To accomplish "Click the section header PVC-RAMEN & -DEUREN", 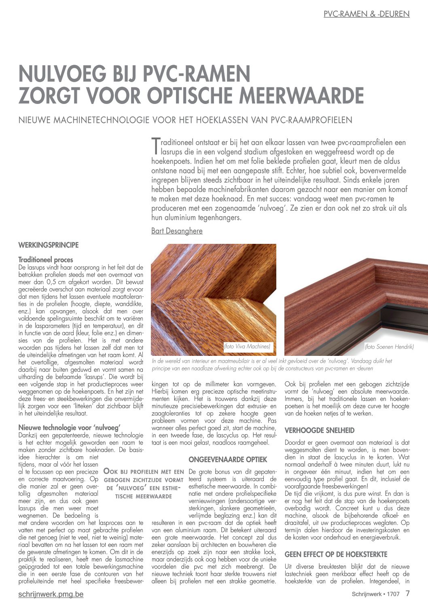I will click(367, 14).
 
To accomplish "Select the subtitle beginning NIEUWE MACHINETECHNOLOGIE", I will click(185, 120).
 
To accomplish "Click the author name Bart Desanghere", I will click(177, 231).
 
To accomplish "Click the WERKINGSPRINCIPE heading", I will click(49, 245).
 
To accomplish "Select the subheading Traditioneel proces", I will click(46, 260).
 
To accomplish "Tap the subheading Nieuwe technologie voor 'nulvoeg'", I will click(70, 427).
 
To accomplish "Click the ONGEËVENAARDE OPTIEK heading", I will click(228, 459).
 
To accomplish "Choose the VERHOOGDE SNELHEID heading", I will click(320, 430).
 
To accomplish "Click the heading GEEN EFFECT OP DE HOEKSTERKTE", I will click(336, 554).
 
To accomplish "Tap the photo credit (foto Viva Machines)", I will click(247, 347).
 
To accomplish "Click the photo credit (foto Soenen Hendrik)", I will click(389, 347).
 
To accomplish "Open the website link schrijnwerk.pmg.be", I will click(51, 594).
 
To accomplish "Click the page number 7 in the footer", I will click(407, 593).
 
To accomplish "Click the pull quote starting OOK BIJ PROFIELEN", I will click(144, 484).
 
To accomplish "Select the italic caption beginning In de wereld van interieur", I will click(272, 365).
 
